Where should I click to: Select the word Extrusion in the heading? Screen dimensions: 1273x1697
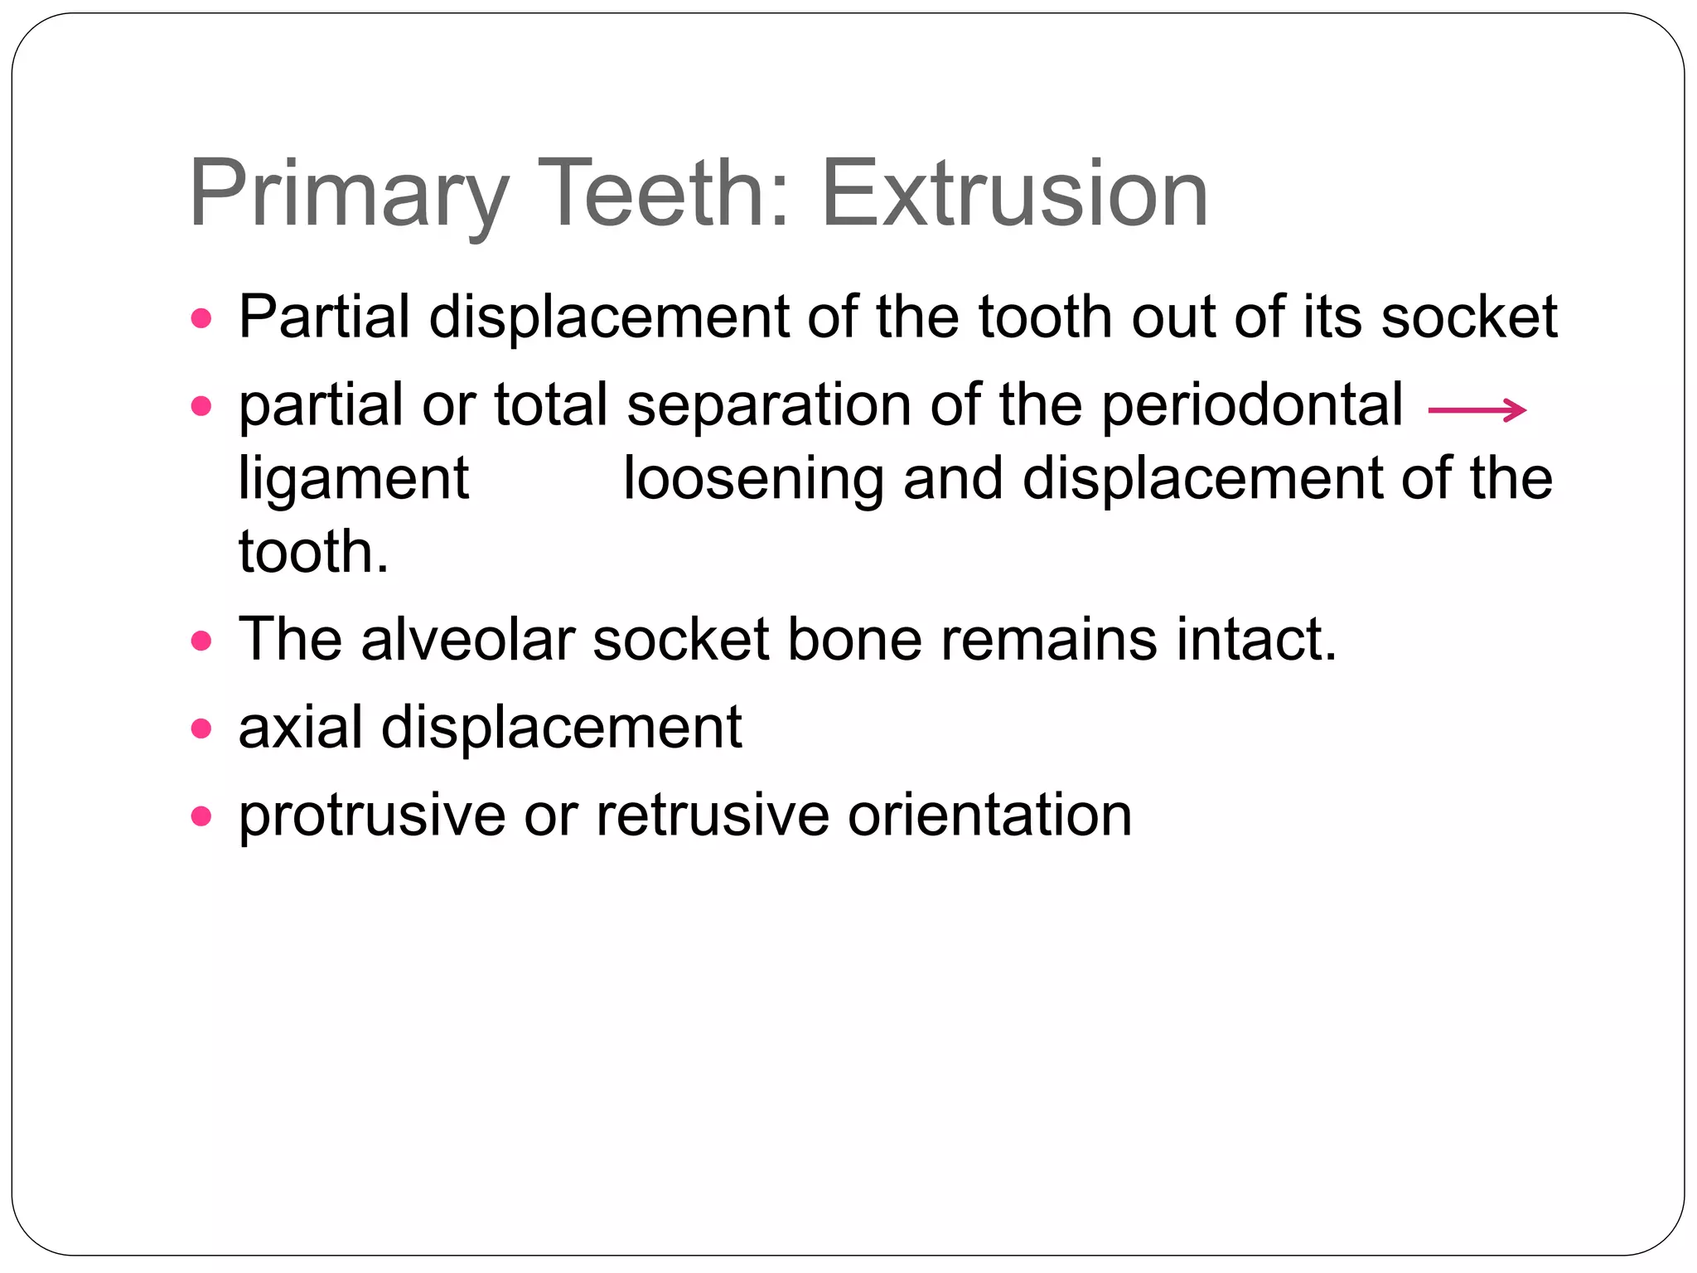coord(1014,195)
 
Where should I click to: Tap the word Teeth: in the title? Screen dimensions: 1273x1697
coord(665,195)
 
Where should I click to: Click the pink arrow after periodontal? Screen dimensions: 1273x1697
coord(1477,409)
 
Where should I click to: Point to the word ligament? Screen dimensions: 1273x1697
coord(354,481)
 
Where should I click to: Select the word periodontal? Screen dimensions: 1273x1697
coord(1252,406)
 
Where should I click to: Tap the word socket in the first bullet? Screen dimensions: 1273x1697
coord(1469,317)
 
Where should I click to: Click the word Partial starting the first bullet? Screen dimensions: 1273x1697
coord(324,317)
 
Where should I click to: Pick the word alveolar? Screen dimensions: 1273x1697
coord(467,640)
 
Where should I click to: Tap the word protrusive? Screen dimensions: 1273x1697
coord(372,816)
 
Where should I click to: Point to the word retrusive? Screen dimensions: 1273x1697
coord(713,816)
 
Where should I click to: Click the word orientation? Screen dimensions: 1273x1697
coord(989,816)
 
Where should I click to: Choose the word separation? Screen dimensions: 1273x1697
coord(768,406)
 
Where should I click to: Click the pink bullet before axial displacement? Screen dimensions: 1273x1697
coord(201,728)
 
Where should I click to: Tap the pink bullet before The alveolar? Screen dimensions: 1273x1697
coord(201,641)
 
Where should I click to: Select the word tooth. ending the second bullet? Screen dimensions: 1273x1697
coord(313,553)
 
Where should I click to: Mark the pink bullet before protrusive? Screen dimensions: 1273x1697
coord(201,817)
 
